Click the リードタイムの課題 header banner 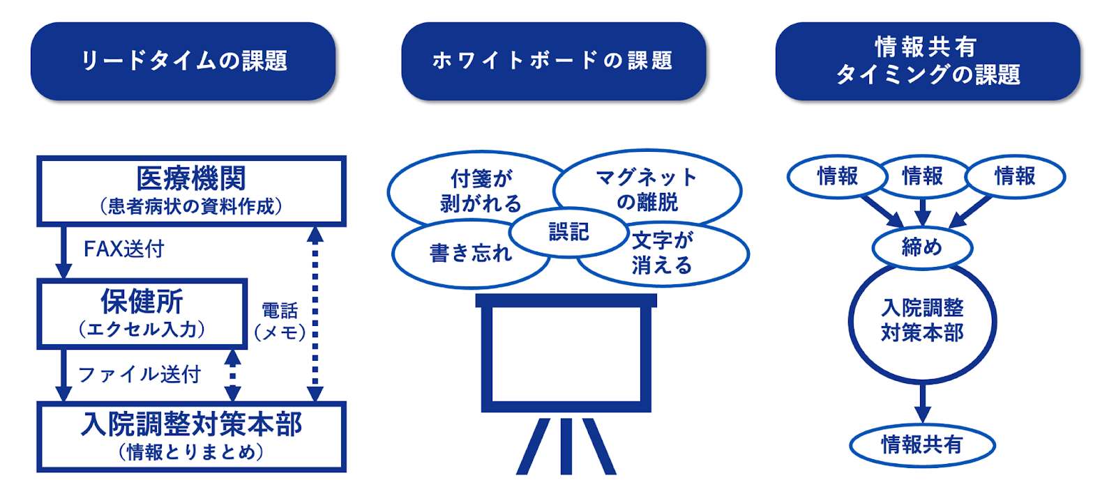click(x=183, y=61)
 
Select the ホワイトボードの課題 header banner click(x=553, y=61)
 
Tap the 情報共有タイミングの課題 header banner click(x=927, y=61)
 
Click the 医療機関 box click(x=191, y=190)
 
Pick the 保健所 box click(x=142, y=314)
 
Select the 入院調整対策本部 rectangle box click(x=191, y=436)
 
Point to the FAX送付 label click(x=123, y=249)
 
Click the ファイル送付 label click(x=139, y=375)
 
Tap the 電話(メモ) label click(x=280, y=321)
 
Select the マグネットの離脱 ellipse click(x=647, y=188)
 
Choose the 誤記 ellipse click(x=568, y=232)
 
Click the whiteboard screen click(x=566, y=353)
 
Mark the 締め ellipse click(x=921, y=247)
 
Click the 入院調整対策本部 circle click(x=922, y=321)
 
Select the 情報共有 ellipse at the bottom click(x=921, y=444)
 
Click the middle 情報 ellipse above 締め click(x=922, y=176)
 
